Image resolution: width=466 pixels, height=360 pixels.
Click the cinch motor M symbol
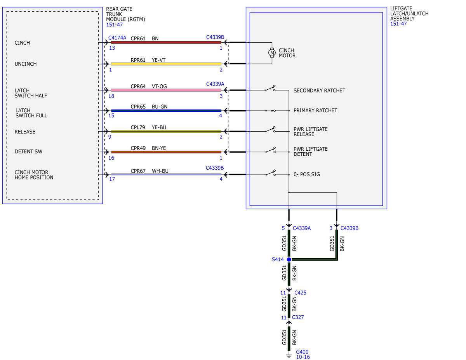(272, 52)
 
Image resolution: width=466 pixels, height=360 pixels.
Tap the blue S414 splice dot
(289, 259)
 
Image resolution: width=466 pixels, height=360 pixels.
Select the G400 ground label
(302, 352)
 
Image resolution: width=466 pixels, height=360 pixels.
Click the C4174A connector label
(117, 38)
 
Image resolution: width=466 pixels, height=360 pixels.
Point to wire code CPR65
(138, 106)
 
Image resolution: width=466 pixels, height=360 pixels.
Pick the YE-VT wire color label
(158, 60)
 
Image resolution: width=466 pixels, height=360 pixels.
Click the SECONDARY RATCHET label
(319, 90)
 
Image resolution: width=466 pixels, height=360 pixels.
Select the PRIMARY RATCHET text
(315, 110)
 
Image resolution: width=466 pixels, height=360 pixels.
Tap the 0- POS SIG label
(307, 174)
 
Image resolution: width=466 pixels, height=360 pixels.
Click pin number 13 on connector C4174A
(112, 48)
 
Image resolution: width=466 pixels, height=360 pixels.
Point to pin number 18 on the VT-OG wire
(111, 96)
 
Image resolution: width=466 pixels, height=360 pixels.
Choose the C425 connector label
(300, 293)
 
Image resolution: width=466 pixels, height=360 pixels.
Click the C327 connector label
(298, 317)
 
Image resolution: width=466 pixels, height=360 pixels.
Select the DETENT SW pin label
(28, 151)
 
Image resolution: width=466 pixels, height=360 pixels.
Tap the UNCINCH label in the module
(26, 64)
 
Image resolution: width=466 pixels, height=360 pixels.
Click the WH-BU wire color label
(160, 171)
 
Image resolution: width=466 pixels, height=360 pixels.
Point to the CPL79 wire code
(138, 127)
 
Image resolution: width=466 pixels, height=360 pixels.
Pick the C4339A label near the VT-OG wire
(215, 84)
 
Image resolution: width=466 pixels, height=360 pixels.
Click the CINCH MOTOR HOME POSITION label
(34, 175)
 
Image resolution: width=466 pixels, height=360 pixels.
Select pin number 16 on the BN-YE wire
(111, 158)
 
